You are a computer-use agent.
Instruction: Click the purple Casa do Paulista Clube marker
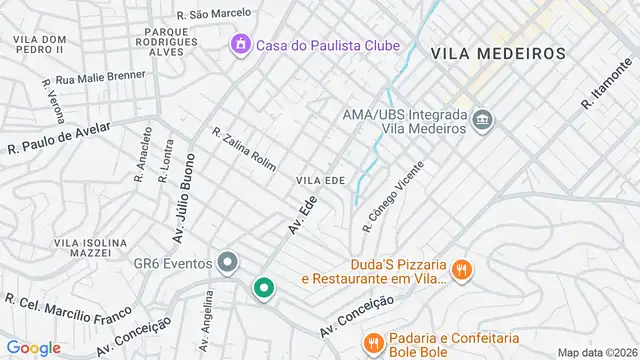(x=239, y=45)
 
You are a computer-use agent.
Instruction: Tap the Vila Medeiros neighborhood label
(x=498, y=53)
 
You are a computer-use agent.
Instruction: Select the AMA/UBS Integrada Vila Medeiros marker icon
(x=483, y=121)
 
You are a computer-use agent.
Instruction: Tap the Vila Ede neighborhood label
(x=320, y=180)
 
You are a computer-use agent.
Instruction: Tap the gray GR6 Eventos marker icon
(x=228, y=263)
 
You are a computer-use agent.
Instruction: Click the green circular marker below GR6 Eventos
(x=264, y=288)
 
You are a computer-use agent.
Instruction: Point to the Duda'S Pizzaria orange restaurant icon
(x=461, y=269)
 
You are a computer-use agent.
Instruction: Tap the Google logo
(x=33, y=347)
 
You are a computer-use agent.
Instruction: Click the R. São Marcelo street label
(x=212, y=15)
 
